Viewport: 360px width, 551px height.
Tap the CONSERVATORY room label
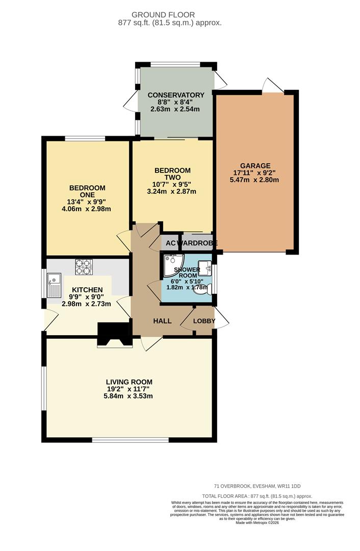(x=176, y=95)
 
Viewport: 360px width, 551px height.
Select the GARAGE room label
(x=255, y=166)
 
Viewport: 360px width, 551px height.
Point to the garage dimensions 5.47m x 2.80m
(x=255, y=180)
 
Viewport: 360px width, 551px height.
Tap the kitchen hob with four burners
(x=83, y=267)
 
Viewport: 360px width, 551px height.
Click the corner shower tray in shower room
(x=171, y=261)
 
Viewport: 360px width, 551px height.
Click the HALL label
(x=163, y=321)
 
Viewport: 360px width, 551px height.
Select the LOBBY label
(x=204, y=321)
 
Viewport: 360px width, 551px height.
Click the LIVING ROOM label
(x=129, y=382)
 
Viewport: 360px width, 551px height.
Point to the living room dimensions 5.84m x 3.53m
(x=129, y=396)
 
